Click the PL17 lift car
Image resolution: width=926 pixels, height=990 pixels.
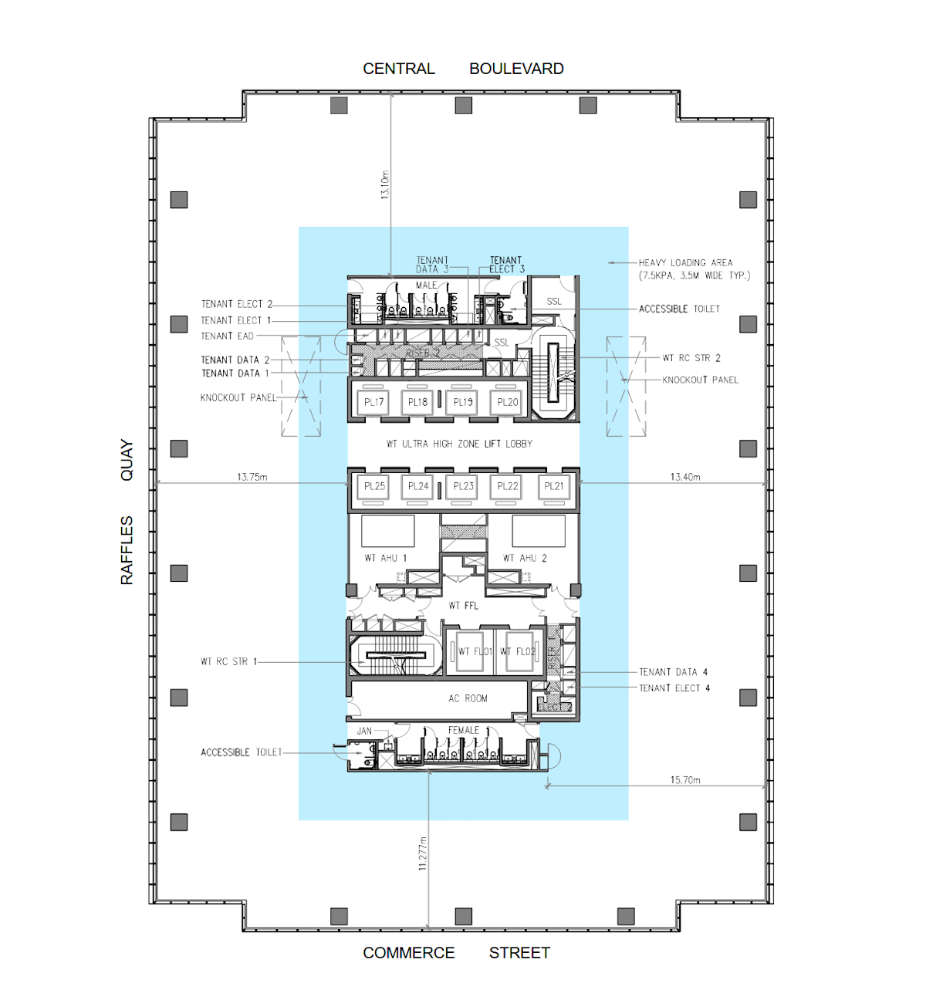(374, 402)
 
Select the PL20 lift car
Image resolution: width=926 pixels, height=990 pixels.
(508, 402)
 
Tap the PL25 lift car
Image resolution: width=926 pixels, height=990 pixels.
(374, 486)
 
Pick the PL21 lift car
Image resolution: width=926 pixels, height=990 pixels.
(554, 486)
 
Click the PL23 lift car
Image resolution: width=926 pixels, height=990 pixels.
(464, 486)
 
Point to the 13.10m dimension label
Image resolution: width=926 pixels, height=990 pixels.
(385, 185)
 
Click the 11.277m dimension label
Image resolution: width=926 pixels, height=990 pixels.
(423, 853)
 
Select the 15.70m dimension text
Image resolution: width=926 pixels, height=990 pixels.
(685, 780)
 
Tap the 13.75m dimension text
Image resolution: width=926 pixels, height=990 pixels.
(252, 477)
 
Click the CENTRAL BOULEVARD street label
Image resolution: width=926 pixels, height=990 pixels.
(463, 69)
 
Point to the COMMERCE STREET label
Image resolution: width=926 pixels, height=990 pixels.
(456, 953)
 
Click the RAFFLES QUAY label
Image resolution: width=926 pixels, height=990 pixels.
(127, 512)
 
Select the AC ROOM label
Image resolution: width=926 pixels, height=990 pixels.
(468, 698)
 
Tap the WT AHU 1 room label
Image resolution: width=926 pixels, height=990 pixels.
(385, 558)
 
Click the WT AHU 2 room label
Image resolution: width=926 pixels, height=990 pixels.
(525, 558)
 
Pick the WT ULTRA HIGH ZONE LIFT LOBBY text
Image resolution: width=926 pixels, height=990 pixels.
(459, 444)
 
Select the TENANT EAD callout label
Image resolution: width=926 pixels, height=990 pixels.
(227, 336)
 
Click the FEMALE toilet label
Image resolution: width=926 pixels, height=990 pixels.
(464, 730)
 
